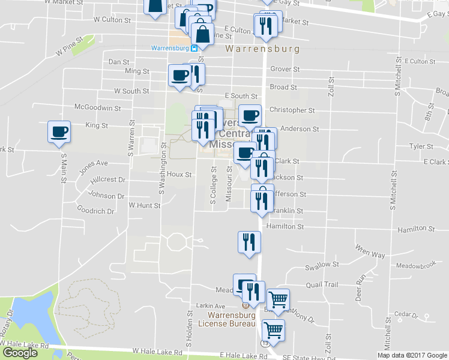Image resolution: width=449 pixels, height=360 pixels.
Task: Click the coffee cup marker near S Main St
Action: (x=59, y=132)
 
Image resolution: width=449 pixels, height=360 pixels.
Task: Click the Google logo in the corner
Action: (x=20, y=353)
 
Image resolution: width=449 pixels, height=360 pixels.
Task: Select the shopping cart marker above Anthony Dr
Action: (x=278, y=299)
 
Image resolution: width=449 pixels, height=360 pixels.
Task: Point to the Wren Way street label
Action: (x=370, y=251)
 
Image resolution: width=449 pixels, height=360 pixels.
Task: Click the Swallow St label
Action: (x=322, y=265)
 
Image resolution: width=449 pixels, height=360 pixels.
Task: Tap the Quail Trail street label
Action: (x=322, y=285)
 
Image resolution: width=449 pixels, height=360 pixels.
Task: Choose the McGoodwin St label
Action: (x=97, y=108)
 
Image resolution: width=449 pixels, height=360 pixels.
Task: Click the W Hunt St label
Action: (x=145, y=205)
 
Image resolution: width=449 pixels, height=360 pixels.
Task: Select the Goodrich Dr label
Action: (x=96, y=211)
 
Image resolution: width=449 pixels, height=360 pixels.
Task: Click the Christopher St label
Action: (x=292, y=110)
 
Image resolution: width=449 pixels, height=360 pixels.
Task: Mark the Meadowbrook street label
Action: (x=414, y=266)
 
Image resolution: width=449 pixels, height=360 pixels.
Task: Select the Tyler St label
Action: (x=421, y=146)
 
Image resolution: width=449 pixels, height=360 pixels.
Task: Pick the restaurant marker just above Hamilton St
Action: (x=261, y=200)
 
